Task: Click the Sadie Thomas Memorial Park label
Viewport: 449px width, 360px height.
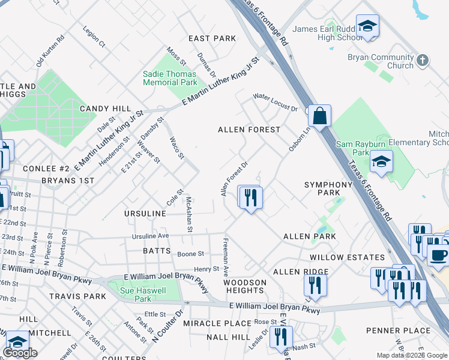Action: (170, 78)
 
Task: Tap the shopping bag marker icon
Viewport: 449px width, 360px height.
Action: (320, 115)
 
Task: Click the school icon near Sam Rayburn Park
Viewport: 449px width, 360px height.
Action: (381, 162)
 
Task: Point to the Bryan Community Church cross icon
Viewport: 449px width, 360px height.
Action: (423, 59)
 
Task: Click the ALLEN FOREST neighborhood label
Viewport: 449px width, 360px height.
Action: (249, 130)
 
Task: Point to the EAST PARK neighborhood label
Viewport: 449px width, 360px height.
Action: (212, 38)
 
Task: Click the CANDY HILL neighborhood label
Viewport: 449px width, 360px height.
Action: (105, 109)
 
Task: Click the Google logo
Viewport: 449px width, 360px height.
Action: (20, 353)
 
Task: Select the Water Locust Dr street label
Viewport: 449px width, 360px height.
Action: (275, 103)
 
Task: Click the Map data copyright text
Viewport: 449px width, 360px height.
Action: (412, 355)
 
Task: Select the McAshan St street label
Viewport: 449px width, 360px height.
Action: (189, 214)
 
